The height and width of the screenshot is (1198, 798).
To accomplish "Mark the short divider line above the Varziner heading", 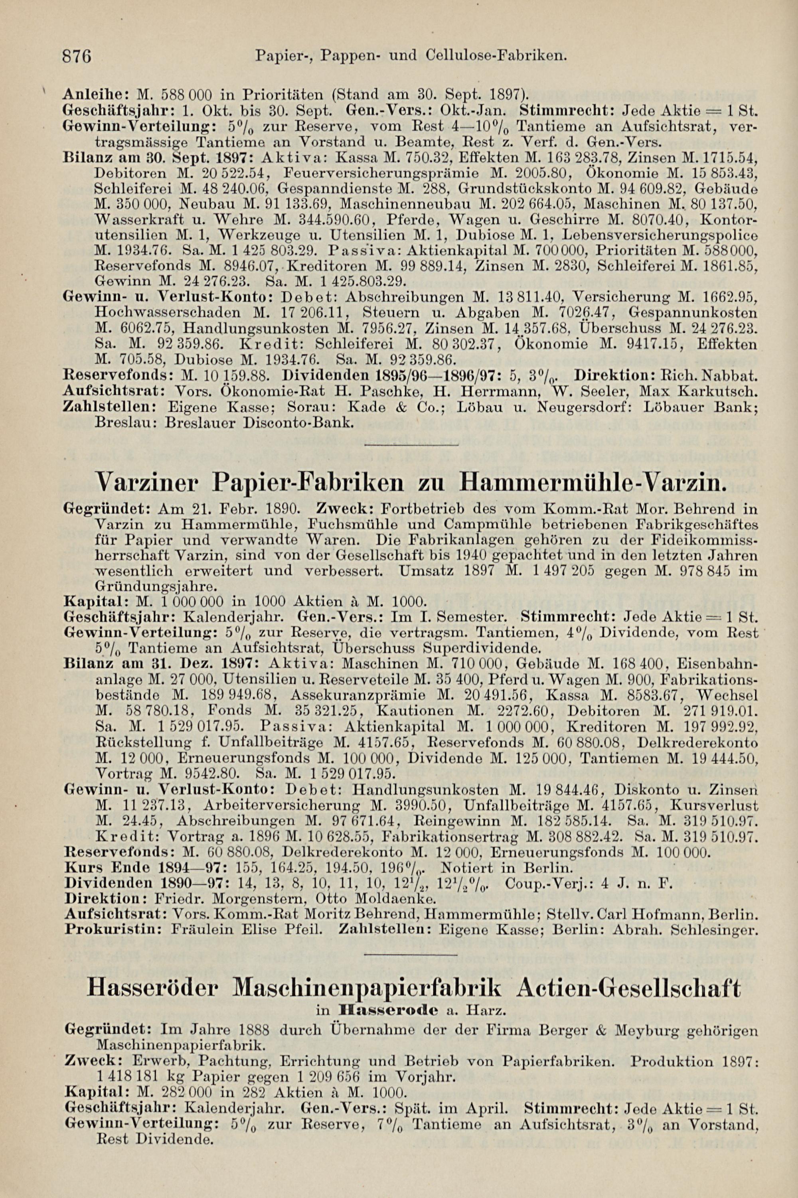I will click(x=412, y=446).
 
